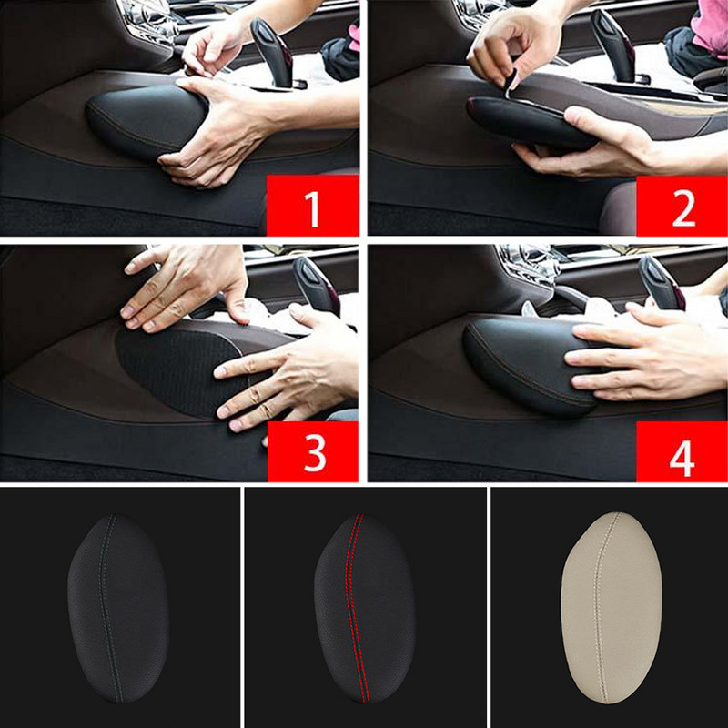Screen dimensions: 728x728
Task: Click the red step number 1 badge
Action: click(x=312, y=205)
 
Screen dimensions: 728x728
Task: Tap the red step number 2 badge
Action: click(x=682, y=206)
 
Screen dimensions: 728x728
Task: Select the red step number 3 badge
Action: click(x=313, y=451)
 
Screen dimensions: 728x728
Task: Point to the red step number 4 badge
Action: click(x=682, y=451)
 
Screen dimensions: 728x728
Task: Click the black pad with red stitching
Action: click(x=365, y=608)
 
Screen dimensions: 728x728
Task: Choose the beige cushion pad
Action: click(x=612, y=608)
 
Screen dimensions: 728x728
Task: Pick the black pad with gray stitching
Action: click(x=118, y=608)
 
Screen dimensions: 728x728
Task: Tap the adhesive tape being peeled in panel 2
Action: click(x=511, y=85)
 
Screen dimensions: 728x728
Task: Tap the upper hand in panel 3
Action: click(x=186, y=287)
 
